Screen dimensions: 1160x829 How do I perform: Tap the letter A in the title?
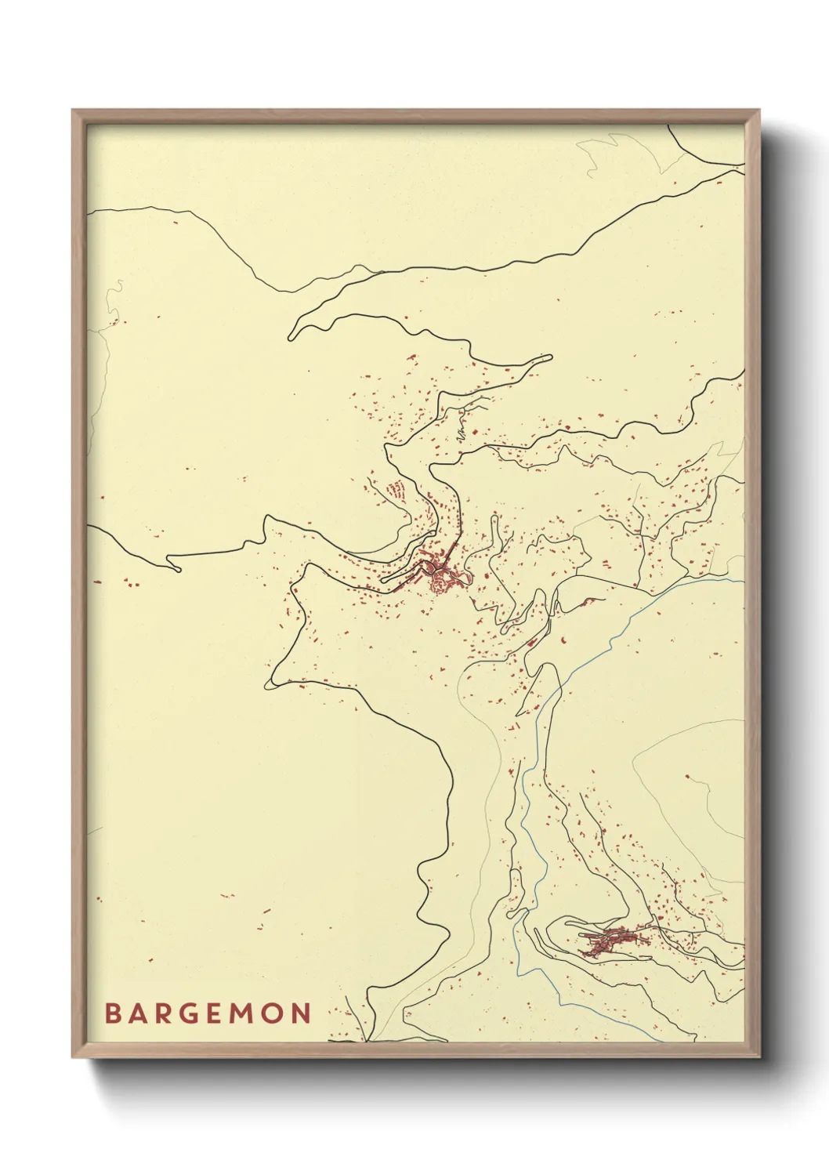click(139, 1013)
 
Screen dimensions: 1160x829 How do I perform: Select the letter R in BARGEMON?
click(165, 1013)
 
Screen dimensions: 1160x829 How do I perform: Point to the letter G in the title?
click(192, 1013)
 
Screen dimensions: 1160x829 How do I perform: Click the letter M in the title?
click(245, 1013)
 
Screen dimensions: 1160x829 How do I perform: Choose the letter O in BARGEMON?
click(275, 1013)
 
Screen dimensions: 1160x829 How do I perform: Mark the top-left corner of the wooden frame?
click(73, 111)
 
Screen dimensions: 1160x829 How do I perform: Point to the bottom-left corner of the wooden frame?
click(73, 1057)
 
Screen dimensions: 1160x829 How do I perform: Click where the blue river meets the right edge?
click(743, 582)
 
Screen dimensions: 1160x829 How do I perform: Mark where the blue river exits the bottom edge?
click(662, 1042)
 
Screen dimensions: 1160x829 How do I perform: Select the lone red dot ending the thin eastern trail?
click(687, 777)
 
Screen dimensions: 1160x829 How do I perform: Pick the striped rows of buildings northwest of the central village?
click(397, 491)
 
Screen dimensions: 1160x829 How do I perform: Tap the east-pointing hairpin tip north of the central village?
click(549, 358)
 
